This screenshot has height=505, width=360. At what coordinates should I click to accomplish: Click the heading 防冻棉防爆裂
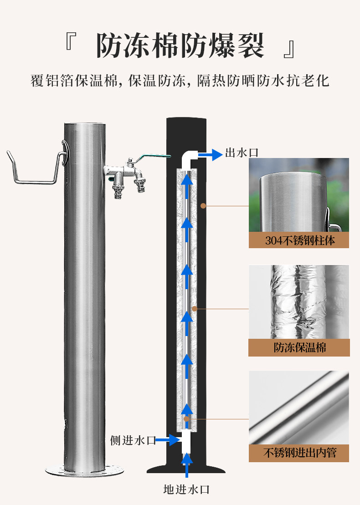pos(180,45)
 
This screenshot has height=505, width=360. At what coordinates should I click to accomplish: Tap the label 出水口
pos(242,153)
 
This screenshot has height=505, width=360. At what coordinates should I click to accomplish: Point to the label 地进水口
pos(186,490)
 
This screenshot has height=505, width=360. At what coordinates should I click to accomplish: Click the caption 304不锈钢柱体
pos(299,240)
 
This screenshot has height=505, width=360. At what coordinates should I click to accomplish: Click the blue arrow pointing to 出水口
pos(211,155)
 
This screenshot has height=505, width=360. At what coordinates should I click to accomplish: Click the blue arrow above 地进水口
pos(186,465)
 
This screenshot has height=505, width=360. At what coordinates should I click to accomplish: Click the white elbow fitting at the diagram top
pos(188,159)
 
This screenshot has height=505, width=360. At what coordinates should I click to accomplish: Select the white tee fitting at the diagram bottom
pos(186,441)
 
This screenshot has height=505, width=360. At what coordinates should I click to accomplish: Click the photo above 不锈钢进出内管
pos(299,408)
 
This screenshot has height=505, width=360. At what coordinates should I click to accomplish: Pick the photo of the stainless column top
pos(299,195)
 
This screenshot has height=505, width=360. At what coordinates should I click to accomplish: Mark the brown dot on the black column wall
pos(203,206)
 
